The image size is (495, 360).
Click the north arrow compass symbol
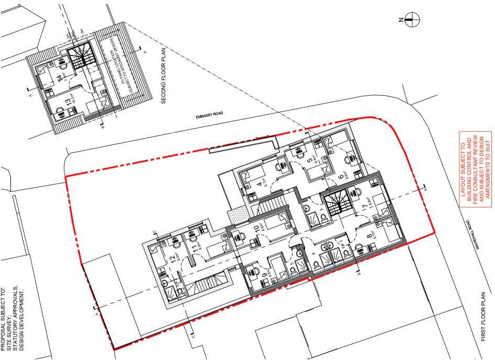(412, 20)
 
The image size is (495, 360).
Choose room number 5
(309, 160)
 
